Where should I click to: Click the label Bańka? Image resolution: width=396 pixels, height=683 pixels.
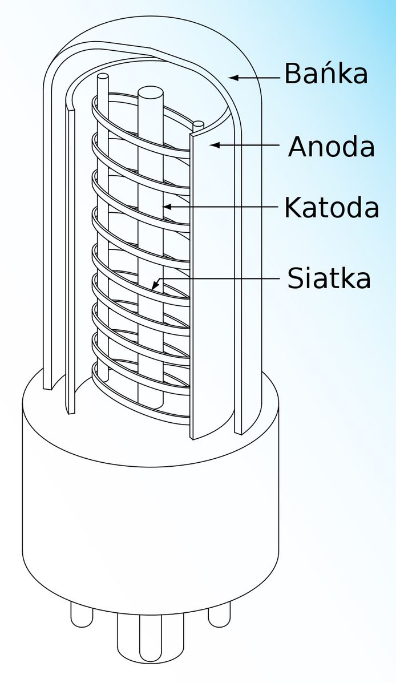[326, 73]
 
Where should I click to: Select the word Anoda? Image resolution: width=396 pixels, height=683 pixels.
[331, 147]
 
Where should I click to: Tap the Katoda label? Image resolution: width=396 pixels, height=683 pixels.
[332, 207]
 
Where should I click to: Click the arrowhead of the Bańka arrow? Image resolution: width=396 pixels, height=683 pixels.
[235, 78]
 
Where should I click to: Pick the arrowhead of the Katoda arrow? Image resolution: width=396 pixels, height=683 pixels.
[168, 207]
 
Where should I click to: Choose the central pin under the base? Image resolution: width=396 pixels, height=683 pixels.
[150, 640]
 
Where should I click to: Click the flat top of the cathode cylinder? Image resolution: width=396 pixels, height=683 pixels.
[151, 93]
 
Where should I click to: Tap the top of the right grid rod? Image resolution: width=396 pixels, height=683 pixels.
[198, 124]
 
